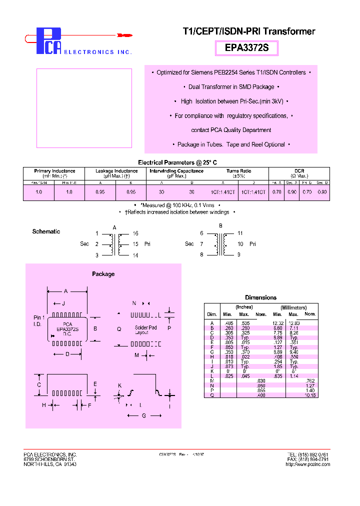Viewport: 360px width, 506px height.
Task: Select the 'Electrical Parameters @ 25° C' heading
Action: tap(177, 162)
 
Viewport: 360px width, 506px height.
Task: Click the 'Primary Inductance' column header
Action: tap(54, 171)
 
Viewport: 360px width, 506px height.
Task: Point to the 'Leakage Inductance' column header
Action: tap(116, 171)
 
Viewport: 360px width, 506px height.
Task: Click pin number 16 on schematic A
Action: tap(135, 233)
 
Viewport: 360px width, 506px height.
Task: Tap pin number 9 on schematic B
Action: tap(239, 255)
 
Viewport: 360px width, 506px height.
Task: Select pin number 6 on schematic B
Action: tap(201, 233)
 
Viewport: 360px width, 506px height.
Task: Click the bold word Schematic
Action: tap(46, 231)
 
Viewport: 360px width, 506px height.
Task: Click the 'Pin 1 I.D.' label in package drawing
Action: tap(39, 321)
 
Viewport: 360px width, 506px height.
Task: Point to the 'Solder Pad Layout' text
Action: tap(145, 330)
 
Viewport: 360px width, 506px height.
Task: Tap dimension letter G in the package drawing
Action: tap(144, 415)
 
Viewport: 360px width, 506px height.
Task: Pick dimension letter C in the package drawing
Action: tap(39, 385)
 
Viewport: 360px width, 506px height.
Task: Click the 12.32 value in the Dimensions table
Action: tap(278, 323)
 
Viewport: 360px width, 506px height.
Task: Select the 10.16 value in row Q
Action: tap(310, 395)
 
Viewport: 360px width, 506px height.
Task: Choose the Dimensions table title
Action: tap(260, 297)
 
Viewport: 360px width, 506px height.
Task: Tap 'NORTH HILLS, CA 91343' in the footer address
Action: tap(50, 464)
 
